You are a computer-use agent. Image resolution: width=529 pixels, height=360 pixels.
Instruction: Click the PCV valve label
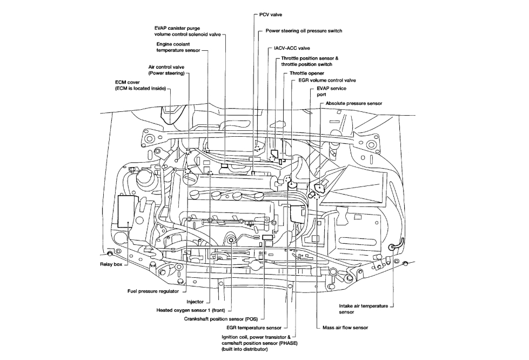(271, 14)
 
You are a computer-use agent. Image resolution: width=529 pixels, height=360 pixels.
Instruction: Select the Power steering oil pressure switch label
(304, 31)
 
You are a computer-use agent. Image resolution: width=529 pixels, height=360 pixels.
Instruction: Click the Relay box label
(111, 264)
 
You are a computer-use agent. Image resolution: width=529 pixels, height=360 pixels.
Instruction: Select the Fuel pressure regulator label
(152, 291)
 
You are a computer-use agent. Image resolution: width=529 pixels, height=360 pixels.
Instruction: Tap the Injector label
(195, 302)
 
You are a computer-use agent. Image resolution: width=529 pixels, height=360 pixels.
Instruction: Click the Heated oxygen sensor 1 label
(191, 311)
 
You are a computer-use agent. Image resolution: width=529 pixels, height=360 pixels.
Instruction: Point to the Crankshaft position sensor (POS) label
(220, 319)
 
